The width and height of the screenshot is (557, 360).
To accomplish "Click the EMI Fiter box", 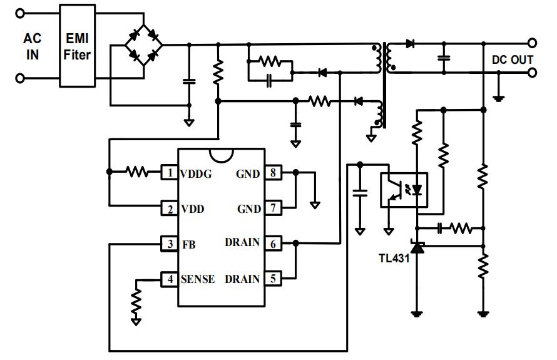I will click(78, 45).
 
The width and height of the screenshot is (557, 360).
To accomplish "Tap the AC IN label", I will click(33, 46).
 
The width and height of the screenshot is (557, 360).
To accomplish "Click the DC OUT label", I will click(512, 59).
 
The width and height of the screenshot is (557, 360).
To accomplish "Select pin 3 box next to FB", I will click(169, 244).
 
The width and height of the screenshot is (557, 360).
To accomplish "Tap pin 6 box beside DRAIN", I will click(272, 243).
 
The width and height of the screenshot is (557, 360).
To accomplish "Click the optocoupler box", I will click(404, 190).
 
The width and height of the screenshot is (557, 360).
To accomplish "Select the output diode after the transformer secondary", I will click(410, 44).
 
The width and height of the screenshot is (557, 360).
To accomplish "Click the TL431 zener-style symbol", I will click(417, 247).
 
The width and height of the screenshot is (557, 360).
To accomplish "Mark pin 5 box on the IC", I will click(272, 279).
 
